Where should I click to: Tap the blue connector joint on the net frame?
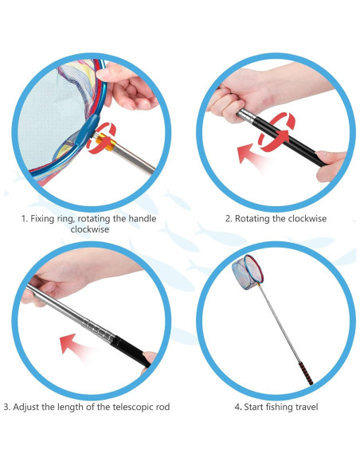click(87, 130)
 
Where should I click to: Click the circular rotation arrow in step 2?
click(277, 132)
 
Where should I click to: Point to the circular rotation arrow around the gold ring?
click(101, 139)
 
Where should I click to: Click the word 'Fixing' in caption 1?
click(42, 219)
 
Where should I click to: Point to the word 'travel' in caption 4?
click(307, 407)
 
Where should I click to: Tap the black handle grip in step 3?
click(131, 350)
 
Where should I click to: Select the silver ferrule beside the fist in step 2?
click(246, 115)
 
